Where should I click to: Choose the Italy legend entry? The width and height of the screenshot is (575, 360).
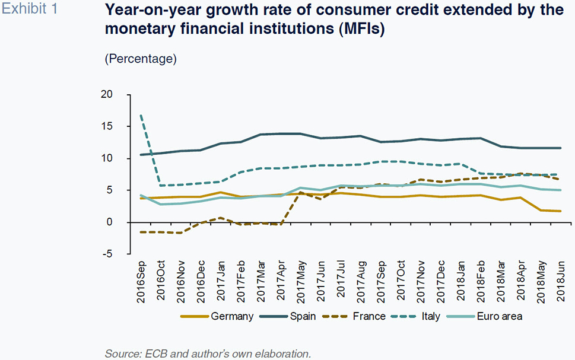click(x=430, y=316)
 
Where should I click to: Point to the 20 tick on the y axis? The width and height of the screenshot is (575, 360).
click(x=107, y=94)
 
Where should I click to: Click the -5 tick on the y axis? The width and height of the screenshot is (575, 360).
click(x=108, y=254)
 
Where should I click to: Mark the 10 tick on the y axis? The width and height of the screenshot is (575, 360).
click(x=107, y=158)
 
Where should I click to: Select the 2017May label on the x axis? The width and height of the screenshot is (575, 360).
click(x=301, y=281)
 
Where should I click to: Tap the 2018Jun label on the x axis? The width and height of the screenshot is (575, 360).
click(x=561, y=281)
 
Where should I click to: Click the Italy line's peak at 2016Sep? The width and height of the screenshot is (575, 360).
click(x=141, y=116)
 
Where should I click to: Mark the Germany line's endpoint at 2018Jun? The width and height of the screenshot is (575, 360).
click(x=560, y=211)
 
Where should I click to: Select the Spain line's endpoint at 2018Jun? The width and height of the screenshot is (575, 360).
click(x=560, y=148)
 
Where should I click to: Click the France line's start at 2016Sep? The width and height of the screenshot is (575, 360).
click(x=141, y=232)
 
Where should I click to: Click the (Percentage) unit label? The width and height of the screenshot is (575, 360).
click(x=141, y=59)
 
